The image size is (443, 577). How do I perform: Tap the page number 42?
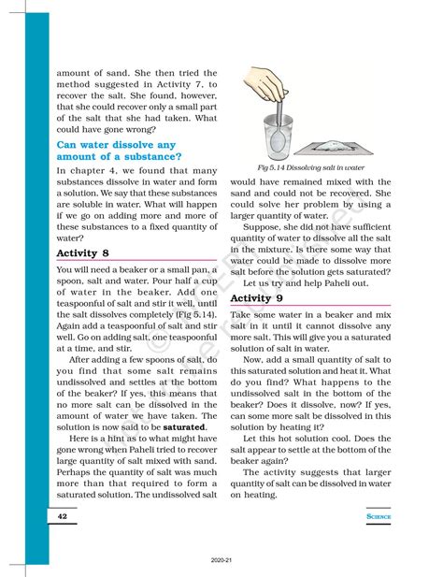[62, 515]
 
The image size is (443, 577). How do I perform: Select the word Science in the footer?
[377, 515]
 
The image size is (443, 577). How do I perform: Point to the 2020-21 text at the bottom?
[221, 562]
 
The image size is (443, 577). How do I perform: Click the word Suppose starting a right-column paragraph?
[263, 228]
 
